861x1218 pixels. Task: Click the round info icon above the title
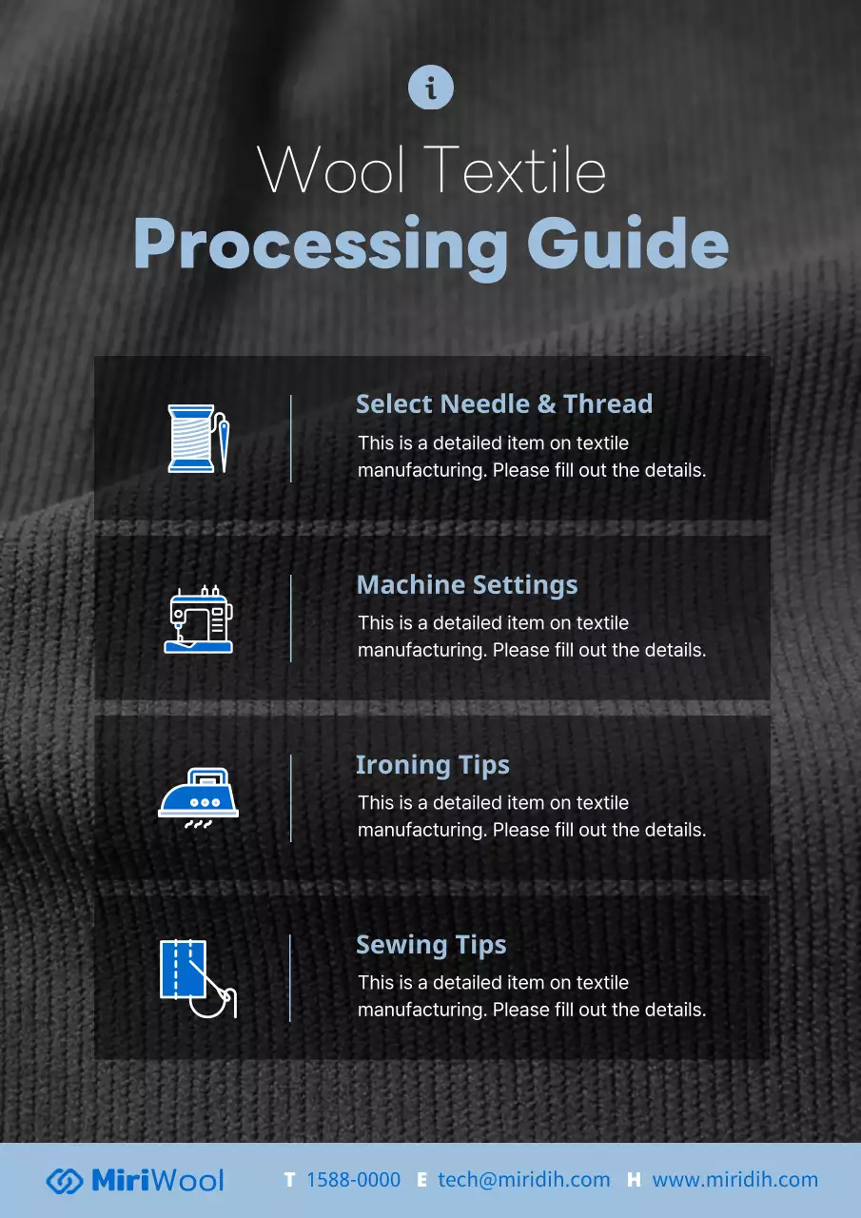[430, 87]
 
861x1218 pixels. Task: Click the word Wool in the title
[331, 169]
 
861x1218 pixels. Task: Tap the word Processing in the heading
[321, 246]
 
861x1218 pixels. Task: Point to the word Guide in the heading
[628, 243]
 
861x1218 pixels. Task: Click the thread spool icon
[191, 439]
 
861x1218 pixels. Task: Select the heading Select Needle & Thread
[504, 404]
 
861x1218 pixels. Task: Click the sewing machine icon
[199, 619]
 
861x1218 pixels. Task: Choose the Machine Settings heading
[467, 585]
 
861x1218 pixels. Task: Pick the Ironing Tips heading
[433, 766]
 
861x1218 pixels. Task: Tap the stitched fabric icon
[199, 979]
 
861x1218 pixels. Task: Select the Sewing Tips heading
[431, 946]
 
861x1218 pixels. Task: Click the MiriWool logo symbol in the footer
[64, 1181]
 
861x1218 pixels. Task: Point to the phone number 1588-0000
[353, 1180]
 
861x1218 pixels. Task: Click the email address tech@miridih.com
[524, 1180]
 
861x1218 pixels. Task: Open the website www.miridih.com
[734, 1180]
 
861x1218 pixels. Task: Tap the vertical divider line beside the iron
[291, 798]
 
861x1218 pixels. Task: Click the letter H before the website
[634, 1180]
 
